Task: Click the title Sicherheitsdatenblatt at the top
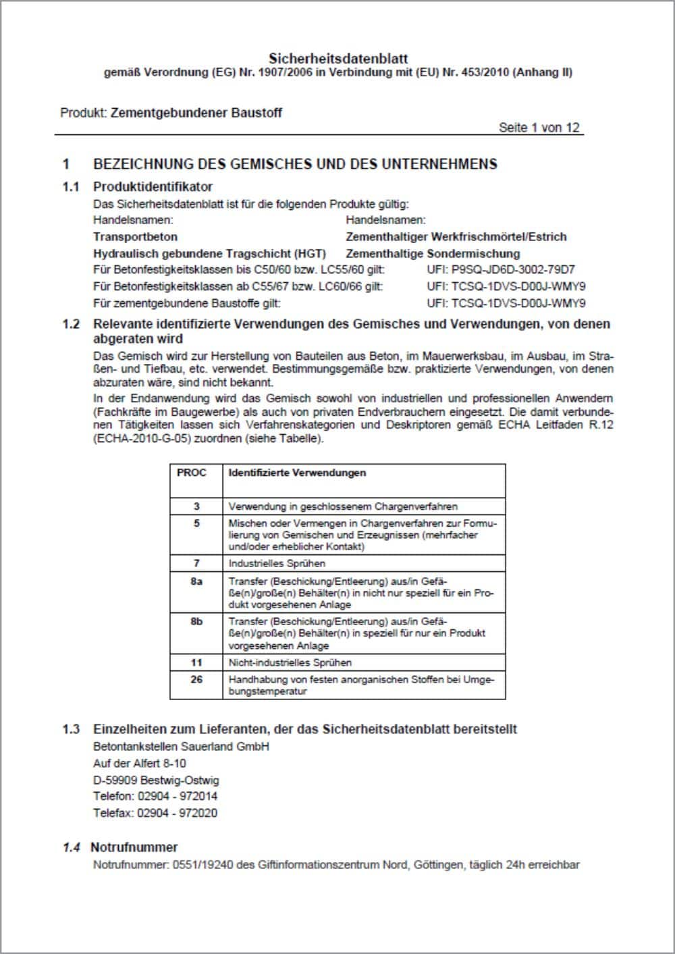pyautogui.click(x=337, y=58)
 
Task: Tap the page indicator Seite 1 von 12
pyautogui.click(x=539, y=128)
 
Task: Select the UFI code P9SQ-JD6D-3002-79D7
pyautogui.click(x=501, y=269)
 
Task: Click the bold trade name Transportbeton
pyautogui.click(x=135, y=237)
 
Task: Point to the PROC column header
pyautogui.click(x=191, y=473)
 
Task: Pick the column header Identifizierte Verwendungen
pyautogui.click(x=297, y=473)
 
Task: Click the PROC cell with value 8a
pyautogui.click(x=196, y=581)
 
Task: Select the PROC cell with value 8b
pyautogui.click(x=196, y=621)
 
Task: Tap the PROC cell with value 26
pyautogui.click(x=196, y=679)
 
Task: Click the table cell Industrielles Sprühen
pyautogui.click(x=277, y=563)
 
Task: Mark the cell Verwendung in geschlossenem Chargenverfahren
pyautogui.click(x=343, y=506)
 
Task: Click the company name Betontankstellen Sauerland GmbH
pyautogui.click(x=181, y=747)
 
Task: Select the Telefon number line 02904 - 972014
pyautogui.click(x=155, y=797)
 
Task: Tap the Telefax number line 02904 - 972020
pyautogui.click(x=155, y=814)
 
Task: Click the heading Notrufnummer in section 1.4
pyautogui.click(x=134, y=847)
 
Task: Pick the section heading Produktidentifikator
pyautogui.click(x=153, y=187)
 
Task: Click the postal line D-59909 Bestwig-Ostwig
pyautogui.click(x=156, y=780)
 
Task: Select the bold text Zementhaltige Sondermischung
pyautogui.click(x=433, y=254)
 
